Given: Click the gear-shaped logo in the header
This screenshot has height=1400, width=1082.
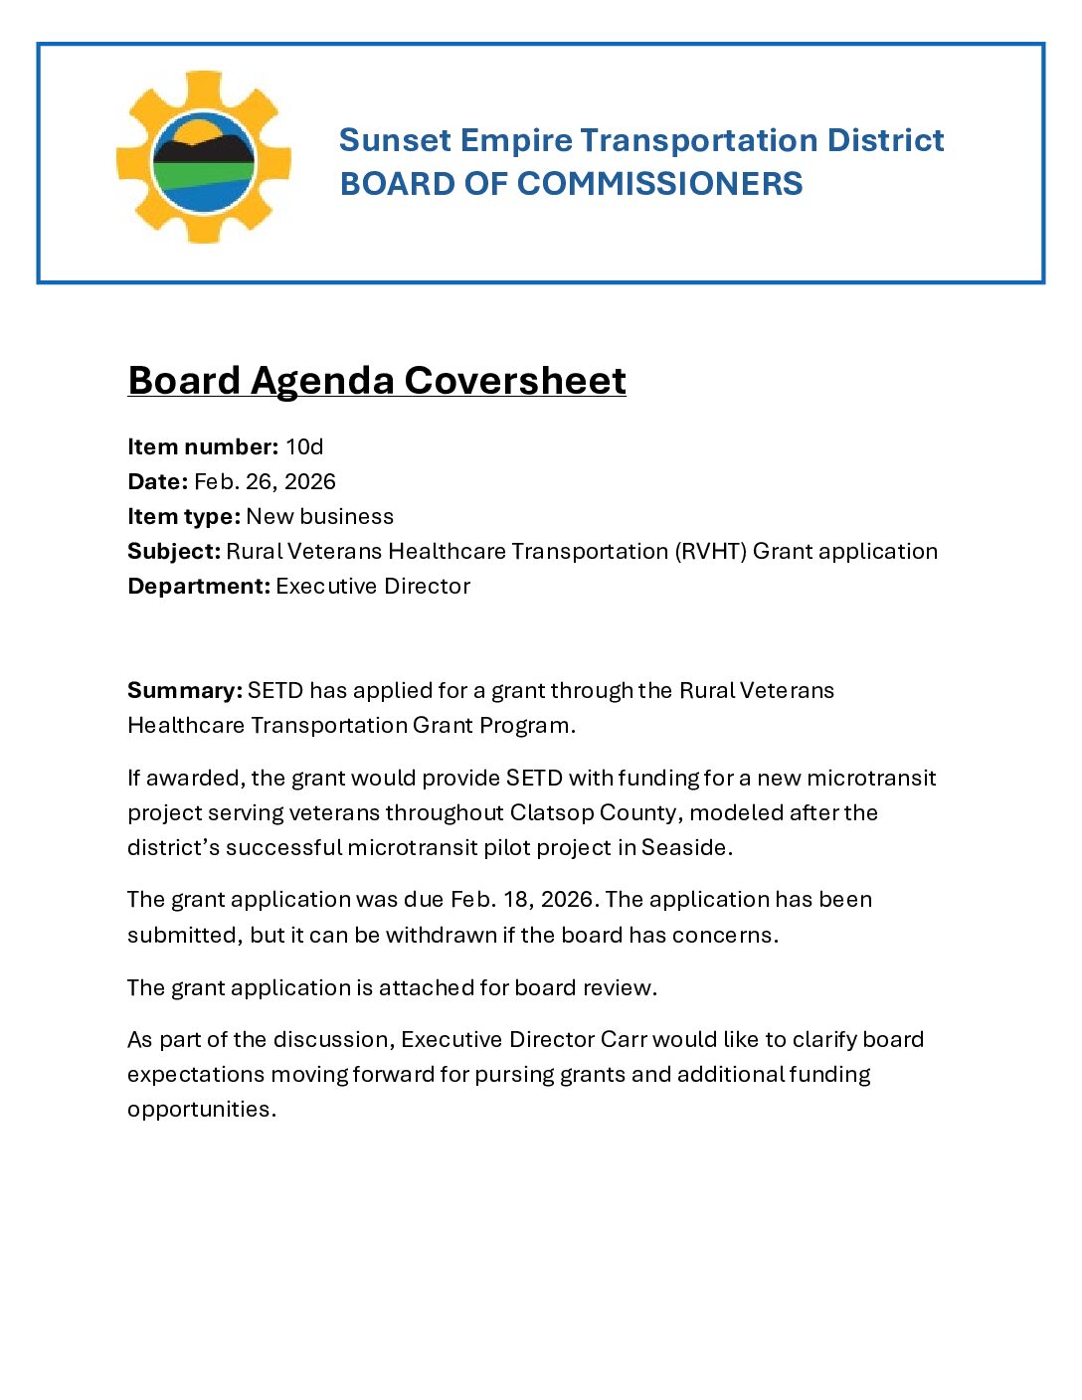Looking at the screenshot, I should [204, 157].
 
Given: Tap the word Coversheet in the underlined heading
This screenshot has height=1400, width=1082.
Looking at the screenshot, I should [515, 381].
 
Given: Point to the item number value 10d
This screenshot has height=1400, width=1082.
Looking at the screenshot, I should [304, 446].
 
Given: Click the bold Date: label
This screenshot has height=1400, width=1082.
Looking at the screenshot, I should [157, 481].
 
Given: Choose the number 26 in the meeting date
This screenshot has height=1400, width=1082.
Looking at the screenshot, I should [260, 481].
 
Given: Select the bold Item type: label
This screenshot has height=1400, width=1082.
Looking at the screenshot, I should [184, 516].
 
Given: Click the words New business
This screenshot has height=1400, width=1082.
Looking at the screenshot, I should [320, 516].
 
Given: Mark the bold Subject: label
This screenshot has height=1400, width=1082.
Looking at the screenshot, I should [174, 551].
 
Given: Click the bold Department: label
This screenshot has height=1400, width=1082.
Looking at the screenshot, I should [199, 586].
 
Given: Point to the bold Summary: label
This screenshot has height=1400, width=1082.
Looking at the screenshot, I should [185, 690].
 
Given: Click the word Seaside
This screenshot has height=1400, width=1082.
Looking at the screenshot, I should [686, 847].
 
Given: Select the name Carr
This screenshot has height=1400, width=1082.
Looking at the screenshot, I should [624, 1039].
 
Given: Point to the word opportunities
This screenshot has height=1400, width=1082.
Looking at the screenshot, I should [201, 1109].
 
